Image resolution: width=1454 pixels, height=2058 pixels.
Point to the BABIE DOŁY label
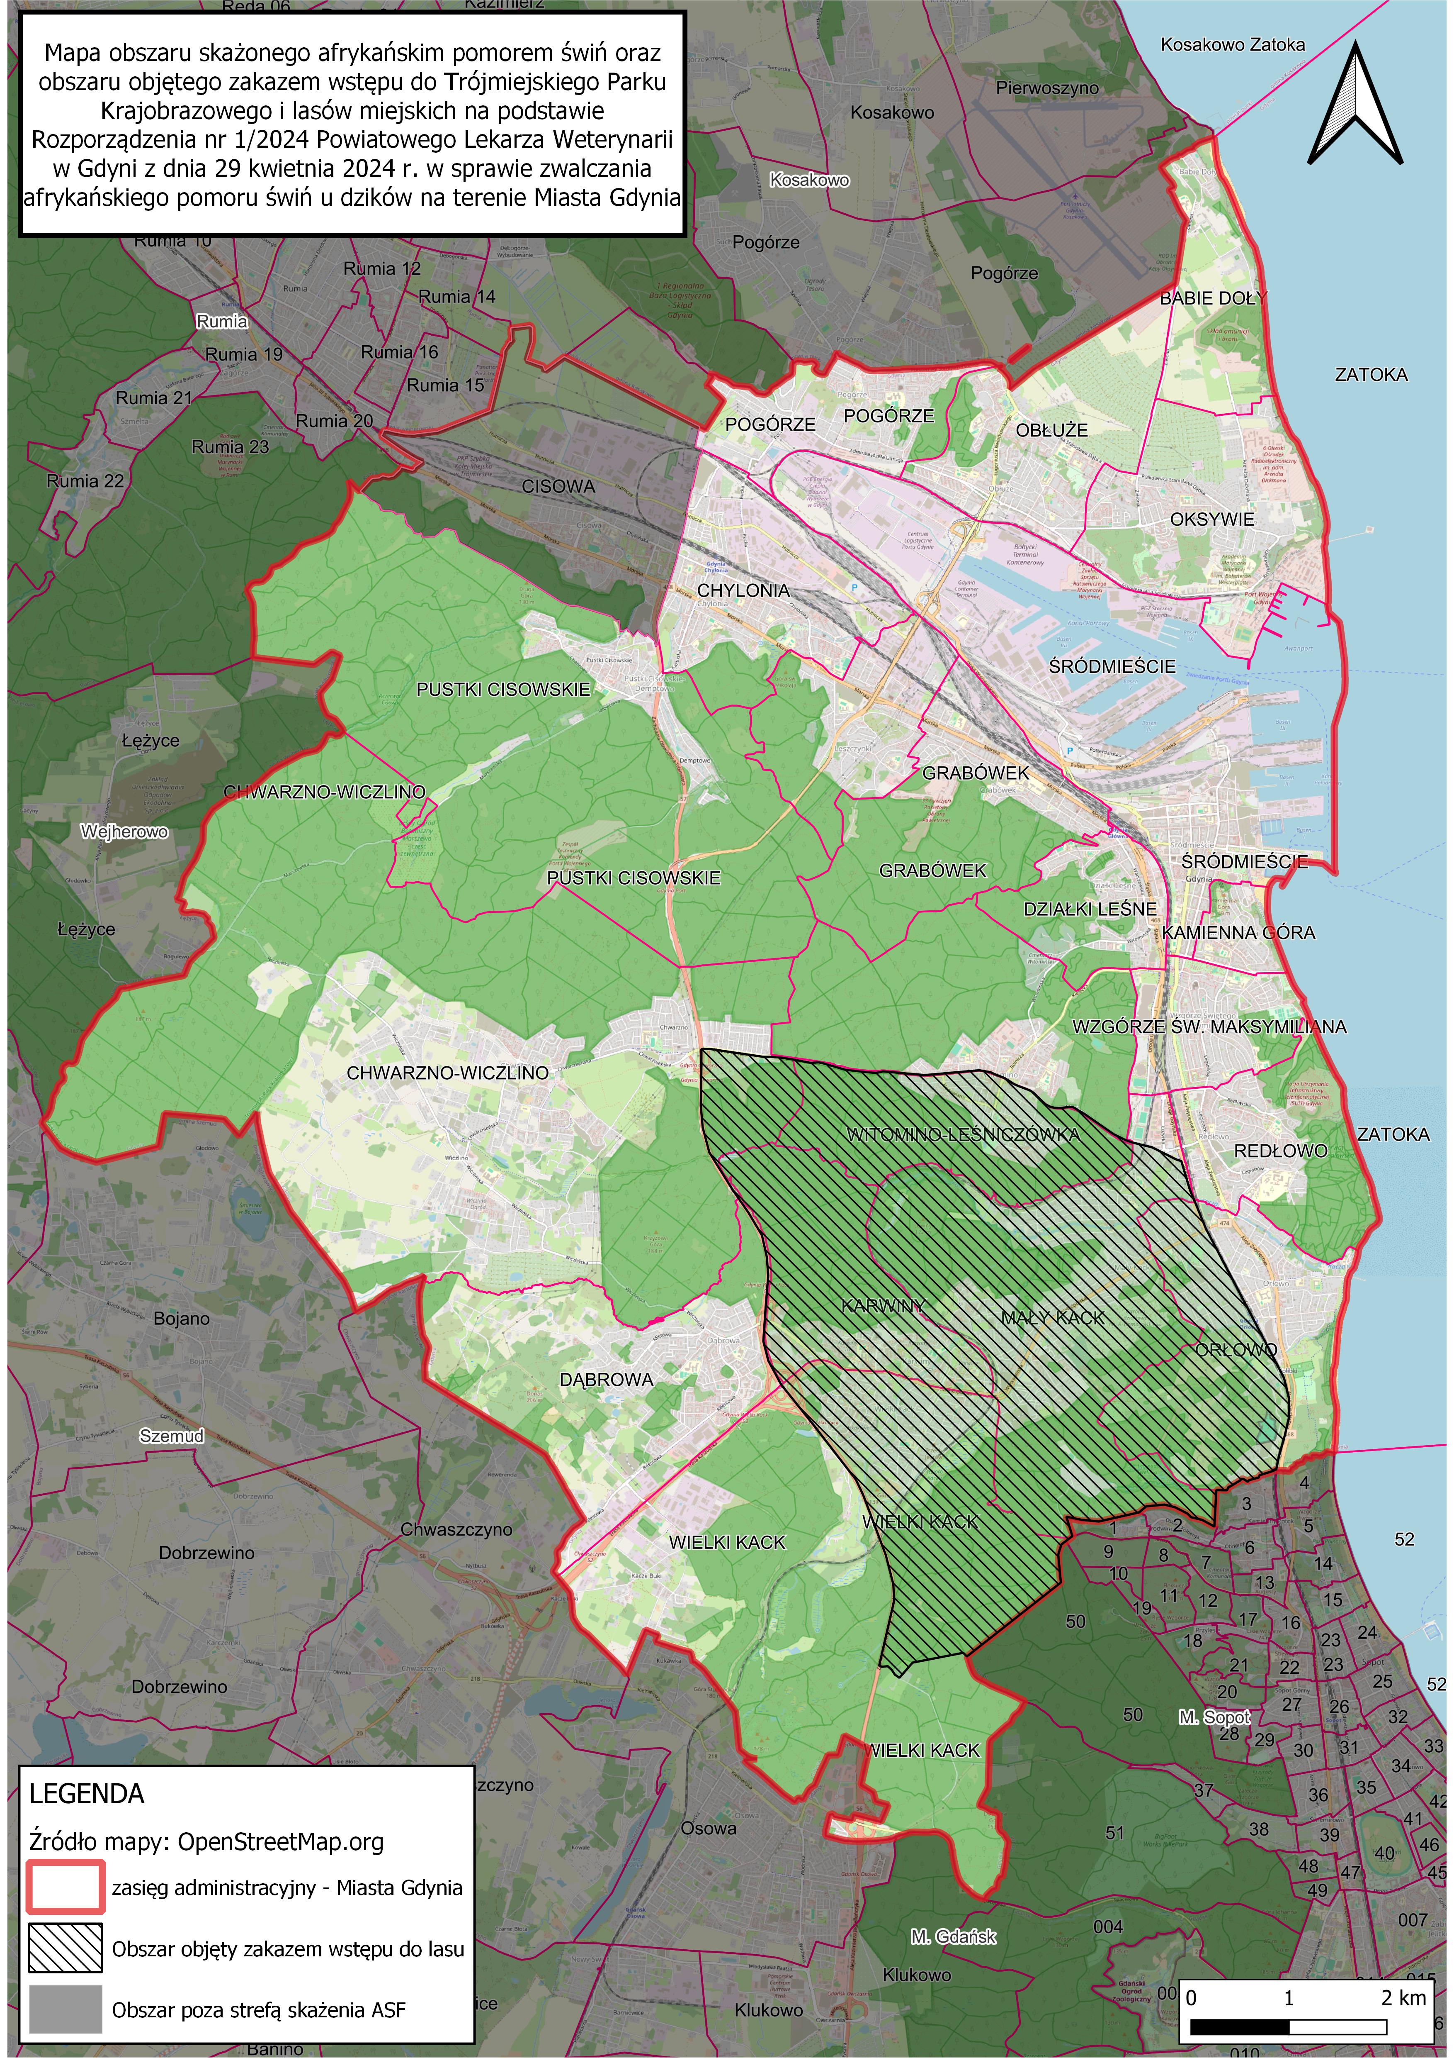1213,298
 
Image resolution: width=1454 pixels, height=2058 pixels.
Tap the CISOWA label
558,487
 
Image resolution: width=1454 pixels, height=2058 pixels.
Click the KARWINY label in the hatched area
882,1306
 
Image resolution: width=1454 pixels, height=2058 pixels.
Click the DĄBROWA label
607,1380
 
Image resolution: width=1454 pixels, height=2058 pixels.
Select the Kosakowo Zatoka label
1233,45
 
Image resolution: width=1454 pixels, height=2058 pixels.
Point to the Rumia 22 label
85,481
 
